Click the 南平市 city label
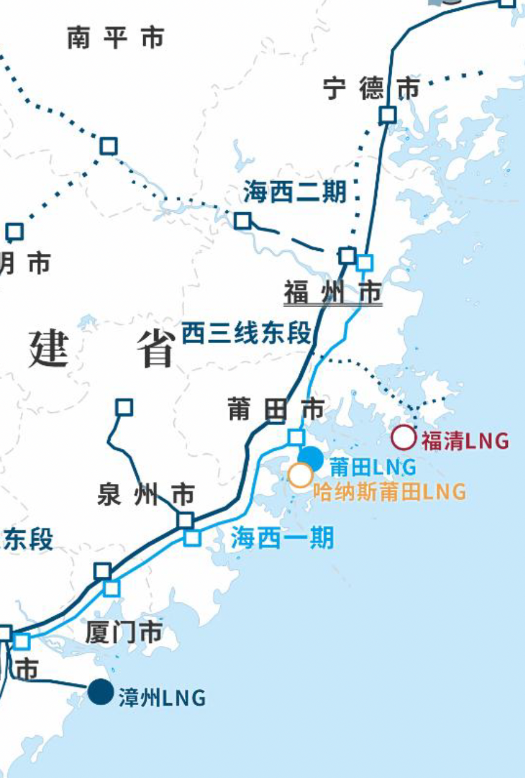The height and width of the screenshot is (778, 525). (116, 38)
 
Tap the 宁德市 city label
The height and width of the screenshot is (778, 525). (371, 89)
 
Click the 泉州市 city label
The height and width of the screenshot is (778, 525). (146, 494)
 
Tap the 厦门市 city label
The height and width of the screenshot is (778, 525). (124, 632)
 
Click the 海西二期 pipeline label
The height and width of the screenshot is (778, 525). (295, 192)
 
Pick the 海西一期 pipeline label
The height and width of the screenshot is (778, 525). (282, 539)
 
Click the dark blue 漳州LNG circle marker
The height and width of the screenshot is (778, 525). (100, 692)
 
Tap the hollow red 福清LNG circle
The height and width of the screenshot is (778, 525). (403, 438)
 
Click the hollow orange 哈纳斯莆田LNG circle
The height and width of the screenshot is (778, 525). (300, 475)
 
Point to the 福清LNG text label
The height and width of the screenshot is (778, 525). (465, 440)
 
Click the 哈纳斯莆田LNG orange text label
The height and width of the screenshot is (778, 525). (389, 491)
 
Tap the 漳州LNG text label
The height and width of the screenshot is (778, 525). (162, 698)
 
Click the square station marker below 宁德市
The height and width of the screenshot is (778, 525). (387, 114)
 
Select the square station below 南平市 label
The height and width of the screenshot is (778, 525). (108, 146)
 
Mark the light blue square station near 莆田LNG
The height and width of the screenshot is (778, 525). (296, 437)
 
